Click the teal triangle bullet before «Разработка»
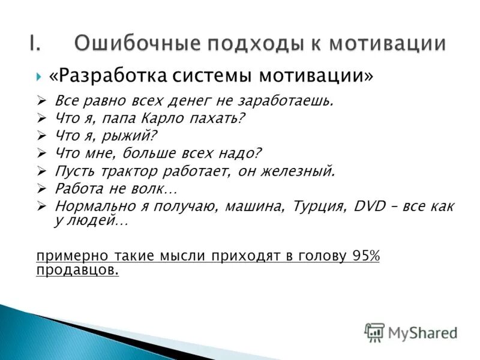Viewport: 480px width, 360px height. (39, 77)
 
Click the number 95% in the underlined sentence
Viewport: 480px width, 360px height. (365, 256)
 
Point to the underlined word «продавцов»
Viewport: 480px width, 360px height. (77, 271)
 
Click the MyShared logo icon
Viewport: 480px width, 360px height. (374, 332)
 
